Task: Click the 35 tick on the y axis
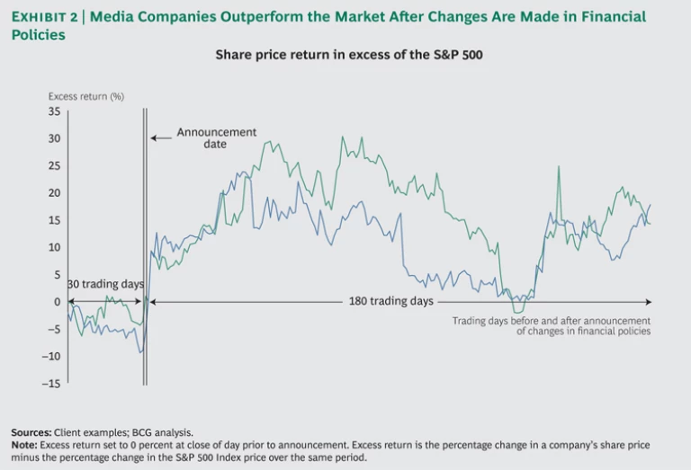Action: coord(53,111)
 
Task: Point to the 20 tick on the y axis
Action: coord(53,193)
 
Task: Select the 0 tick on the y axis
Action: coord(56,302)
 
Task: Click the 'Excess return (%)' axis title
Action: coord(86,96)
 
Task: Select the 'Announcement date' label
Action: coord(216,137)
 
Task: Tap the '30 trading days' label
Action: coord(106,285)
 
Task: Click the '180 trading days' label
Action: coord(390,301)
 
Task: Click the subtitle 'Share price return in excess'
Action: coord(349,55)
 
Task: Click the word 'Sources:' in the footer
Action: coord(31,432)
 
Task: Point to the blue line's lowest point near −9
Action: coord(141,351)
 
